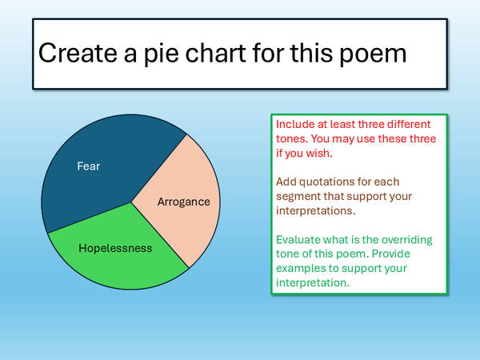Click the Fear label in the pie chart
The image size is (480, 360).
pyautogui.click(x=89, y=166)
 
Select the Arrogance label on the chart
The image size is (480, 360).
pyautogui.click(x=184, y=202)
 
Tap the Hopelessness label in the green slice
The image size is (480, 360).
pyautogui.click(x=115, y=248)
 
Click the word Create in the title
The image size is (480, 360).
pyautogui.click(x=78, y=53)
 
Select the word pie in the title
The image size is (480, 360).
pyautogui.click(x=162, y=54)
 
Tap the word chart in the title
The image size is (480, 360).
pyautogui.click(x=216, y=53)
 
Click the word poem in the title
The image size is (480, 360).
pyautogui.click(x=373, y=54)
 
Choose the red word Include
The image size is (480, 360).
pyautogui.click(x=294, y=124)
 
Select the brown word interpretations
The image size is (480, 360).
pyautogui.click(x=316, y=211)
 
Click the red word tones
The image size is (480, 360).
pyautogui.click(x=292, y=139)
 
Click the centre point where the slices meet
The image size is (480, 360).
pyautogui.click(x=131, y=202)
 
